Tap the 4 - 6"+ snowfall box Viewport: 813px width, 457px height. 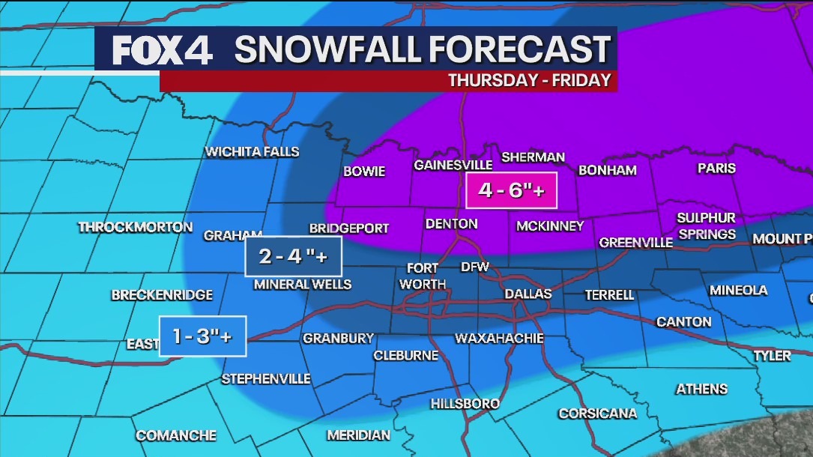coord(512,191)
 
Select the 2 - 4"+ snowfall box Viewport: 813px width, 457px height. coord(293,257)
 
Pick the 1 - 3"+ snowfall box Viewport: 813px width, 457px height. coord(202,336)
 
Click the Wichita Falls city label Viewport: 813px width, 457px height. coord(253,152)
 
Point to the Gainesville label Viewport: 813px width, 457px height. coord(453,165)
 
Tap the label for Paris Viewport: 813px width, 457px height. coord(716,168)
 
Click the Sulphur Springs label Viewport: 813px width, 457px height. coord(706,226)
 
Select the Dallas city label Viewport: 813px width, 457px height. coord(528,294)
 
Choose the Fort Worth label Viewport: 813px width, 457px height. coord(423,276)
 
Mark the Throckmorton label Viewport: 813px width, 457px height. coord(136,227)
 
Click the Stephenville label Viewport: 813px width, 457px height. coord(266,379)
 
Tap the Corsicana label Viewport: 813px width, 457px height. coord(597,414)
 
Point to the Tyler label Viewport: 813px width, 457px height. coord(772,356)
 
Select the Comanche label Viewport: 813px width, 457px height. coord(176,435)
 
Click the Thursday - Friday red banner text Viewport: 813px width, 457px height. coord(529,81)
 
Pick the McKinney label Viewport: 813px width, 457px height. coord(549,226)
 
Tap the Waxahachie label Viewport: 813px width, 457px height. coord(499,339)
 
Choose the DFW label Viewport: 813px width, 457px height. coord(474,267)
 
